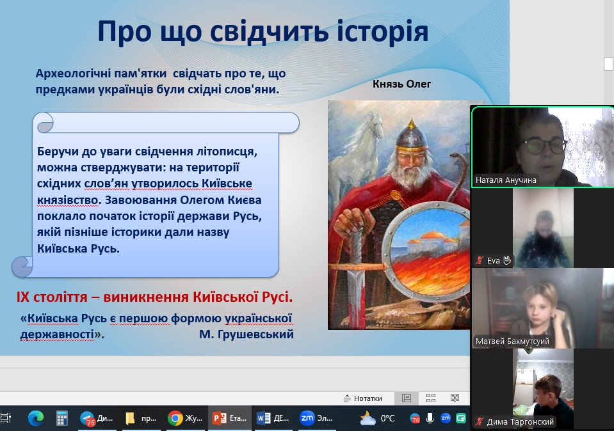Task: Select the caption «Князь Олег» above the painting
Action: click(402, 84)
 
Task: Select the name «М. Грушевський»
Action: click(246, 334)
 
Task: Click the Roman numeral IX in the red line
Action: click(22, 297)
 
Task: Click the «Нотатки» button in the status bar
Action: click(362, 398)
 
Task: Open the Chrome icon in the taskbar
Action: click(175, 418)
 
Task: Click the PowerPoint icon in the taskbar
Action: click(219, 418)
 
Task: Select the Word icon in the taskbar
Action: click(263, 418)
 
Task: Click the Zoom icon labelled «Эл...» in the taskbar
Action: click(307, 418)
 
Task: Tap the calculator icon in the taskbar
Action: click(62, 418)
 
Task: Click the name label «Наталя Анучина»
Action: click(506, 180)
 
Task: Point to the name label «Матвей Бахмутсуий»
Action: click(512, 341)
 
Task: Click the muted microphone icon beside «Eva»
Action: click(480, 260)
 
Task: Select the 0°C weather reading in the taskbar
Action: click(387, 418)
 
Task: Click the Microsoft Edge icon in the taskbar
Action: click(36, 418)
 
